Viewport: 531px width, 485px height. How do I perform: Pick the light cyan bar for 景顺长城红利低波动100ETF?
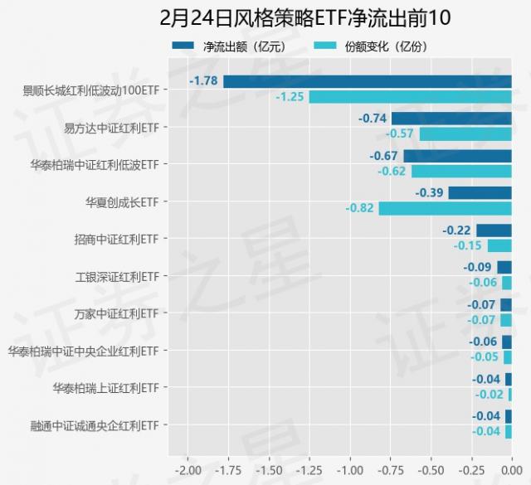click(x=411, y=97)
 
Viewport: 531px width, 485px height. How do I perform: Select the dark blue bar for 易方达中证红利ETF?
click(x=451, y=119)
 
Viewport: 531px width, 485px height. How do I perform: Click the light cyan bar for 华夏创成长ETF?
click(x=446, y=208)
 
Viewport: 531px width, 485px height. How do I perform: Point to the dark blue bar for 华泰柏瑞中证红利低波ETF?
click(x=458, y=156)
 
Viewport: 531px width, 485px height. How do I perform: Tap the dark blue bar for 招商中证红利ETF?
click(x=494, y=230)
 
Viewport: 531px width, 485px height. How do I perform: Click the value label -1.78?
click(x=203, y=81)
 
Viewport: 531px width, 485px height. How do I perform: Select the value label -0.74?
click(x=373, y=119)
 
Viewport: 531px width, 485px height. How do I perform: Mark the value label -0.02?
click(x=489, y=395)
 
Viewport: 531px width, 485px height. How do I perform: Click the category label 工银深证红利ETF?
click(x=117, y=276)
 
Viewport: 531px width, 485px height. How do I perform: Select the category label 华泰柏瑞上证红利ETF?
click(x=105, y=388)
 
